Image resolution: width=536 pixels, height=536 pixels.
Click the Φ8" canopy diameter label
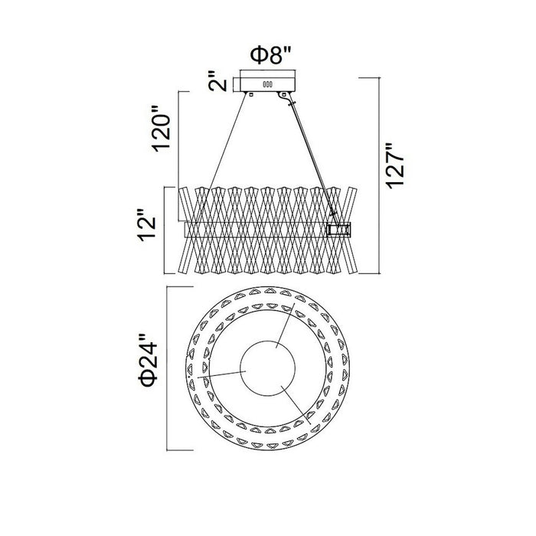point(270,55)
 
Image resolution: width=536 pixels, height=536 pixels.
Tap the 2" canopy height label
point(218,81)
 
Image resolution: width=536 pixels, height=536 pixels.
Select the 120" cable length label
point(162,129)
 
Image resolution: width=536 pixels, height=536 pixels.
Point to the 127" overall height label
point(395,165)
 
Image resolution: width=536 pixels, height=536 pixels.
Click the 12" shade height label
point(147,224)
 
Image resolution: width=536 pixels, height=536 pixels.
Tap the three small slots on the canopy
point(267,84)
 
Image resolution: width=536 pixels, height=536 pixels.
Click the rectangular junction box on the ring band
point(338,229)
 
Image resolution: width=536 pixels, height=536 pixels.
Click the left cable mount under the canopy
point(251,94)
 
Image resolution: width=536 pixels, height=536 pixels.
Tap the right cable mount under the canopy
point(283,94)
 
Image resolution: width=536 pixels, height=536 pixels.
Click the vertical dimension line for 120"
point(178,156)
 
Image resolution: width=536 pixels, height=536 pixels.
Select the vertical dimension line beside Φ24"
point(167,368)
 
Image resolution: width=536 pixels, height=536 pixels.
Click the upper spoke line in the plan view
point(286,325)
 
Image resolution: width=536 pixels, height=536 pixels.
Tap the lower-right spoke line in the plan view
point(296,405)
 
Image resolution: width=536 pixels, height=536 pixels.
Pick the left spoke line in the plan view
point(221,374)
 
